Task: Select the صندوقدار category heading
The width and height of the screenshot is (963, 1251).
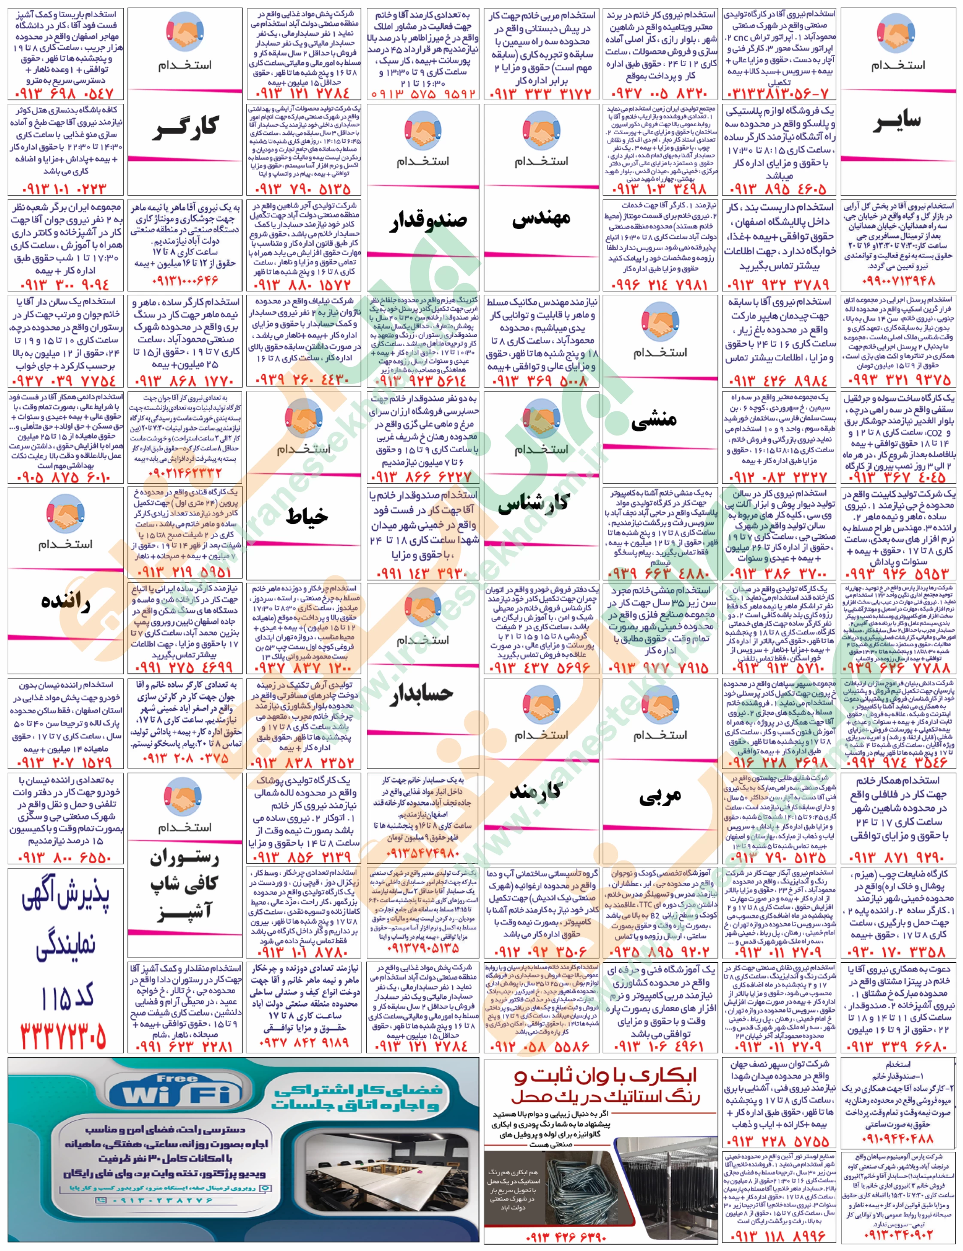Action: (x=423, y=221)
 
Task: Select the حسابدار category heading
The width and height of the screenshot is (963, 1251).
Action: (x=422, y=694)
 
